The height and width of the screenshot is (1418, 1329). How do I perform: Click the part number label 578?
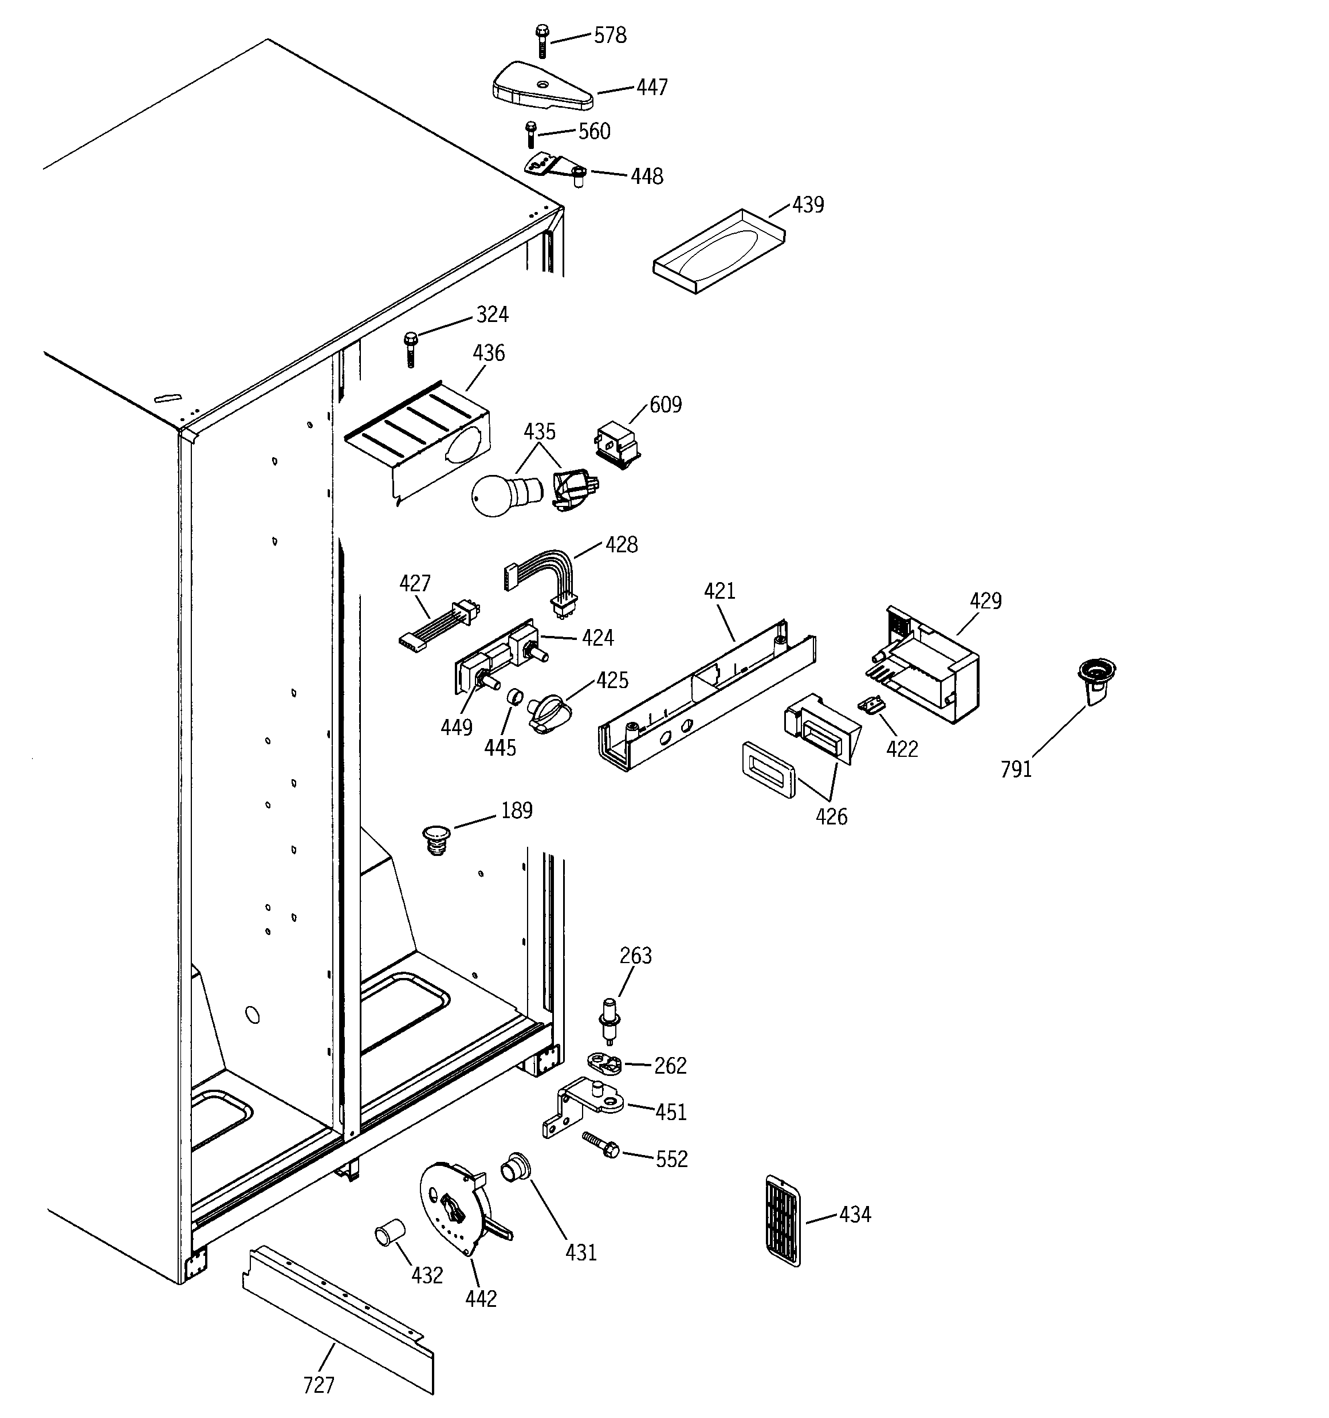click(610, 36)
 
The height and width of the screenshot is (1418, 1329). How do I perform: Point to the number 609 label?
click(665, 405)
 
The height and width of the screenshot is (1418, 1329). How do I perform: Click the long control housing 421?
click(706, 702)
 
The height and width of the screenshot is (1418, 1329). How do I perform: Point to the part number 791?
click(1016, 769)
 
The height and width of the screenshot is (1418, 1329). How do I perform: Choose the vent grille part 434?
click(783, 1220)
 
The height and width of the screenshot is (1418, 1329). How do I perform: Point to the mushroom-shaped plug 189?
click(437, 839)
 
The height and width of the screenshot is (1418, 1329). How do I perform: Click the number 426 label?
click(831, 816)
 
